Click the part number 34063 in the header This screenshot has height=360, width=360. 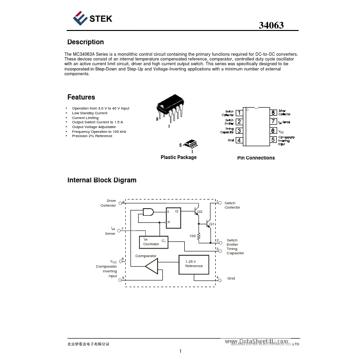[x=271, y=26]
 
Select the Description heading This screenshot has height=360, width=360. [x=85, y=42]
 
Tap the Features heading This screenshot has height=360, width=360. [x=81, y=97]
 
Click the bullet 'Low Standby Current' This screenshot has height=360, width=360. [x=90, y=113]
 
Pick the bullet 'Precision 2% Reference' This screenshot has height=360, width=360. [x=92, y=136]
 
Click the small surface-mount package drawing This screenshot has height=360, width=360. [x=189, y=144]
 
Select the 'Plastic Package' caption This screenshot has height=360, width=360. [x=178, y=157]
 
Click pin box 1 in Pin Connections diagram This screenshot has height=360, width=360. [x=239, y=113]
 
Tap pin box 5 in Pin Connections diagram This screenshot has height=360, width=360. [x=273, y=140]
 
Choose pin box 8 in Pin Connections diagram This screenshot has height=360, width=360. [x=273, y=113]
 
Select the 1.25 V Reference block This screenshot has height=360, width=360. [x=194, y=264]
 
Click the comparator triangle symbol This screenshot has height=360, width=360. [x=152, y=267]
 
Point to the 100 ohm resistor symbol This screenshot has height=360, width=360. [x=199, y=236]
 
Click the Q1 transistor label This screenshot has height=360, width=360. [x=212, y=224]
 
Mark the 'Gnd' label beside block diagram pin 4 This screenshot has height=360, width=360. [x=231, y=278]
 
